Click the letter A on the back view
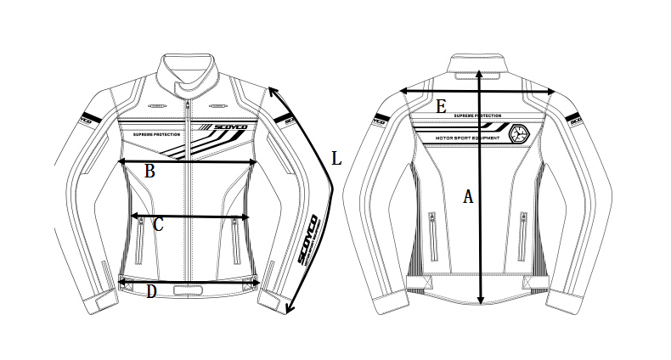tap(467, 197)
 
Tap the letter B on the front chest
tap(149, 171)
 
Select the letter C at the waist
tap(157, 225)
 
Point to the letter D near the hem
tap(150, 293)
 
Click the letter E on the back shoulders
tap(441, 106)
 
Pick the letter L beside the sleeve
tap(335, 159)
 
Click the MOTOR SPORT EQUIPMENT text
tap(466, 136)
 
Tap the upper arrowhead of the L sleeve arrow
tap(273, 92)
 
